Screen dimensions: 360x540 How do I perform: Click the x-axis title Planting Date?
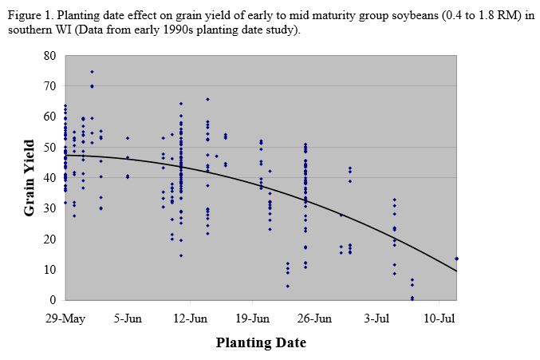261,343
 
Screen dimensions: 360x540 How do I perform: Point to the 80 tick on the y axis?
49,56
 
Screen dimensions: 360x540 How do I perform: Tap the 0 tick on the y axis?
53,300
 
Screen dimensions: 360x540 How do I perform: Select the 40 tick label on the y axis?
49,178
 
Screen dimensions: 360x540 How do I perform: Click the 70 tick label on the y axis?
49,86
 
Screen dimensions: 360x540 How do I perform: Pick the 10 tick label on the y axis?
49,270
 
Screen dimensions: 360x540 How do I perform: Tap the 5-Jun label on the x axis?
128,317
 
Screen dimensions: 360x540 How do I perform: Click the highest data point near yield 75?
92,72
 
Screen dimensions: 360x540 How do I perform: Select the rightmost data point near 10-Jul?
456,259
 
